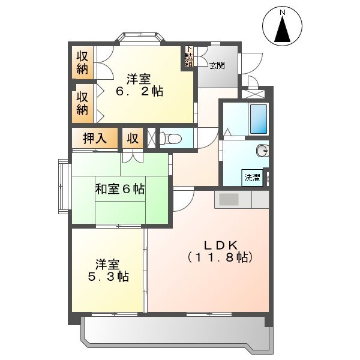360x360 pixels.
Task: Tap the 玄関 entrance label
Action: pyautogui.click(x=217, y=65)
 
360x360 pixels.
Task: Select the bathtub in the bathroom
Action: pyautogui.click(x=258, y=119)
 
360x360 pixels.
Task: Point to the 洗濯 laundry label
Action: pyautogui.click(x=252, y=178)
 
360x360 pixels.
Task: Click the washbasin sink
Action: pyautogui.click(x=262, y=150)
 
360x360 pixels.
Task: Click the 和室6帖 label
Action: pyautogui.click(x=120, y=189)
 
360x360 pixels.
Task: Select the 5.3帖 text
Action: pyautogui.click(x=109, y=277)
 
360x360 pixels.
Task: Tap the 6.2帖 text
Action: pyautogui.click(x=139, y=92)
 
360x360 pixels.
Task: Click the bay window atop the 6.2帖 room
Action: pyautogui.click(x=142, y=38)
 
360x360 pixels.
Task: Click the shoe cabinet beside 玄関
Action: pyautogui.click(x=189, y=57)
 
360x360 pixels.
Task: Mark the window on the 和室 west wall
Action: pyautogui.click(x=63, y=184)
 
